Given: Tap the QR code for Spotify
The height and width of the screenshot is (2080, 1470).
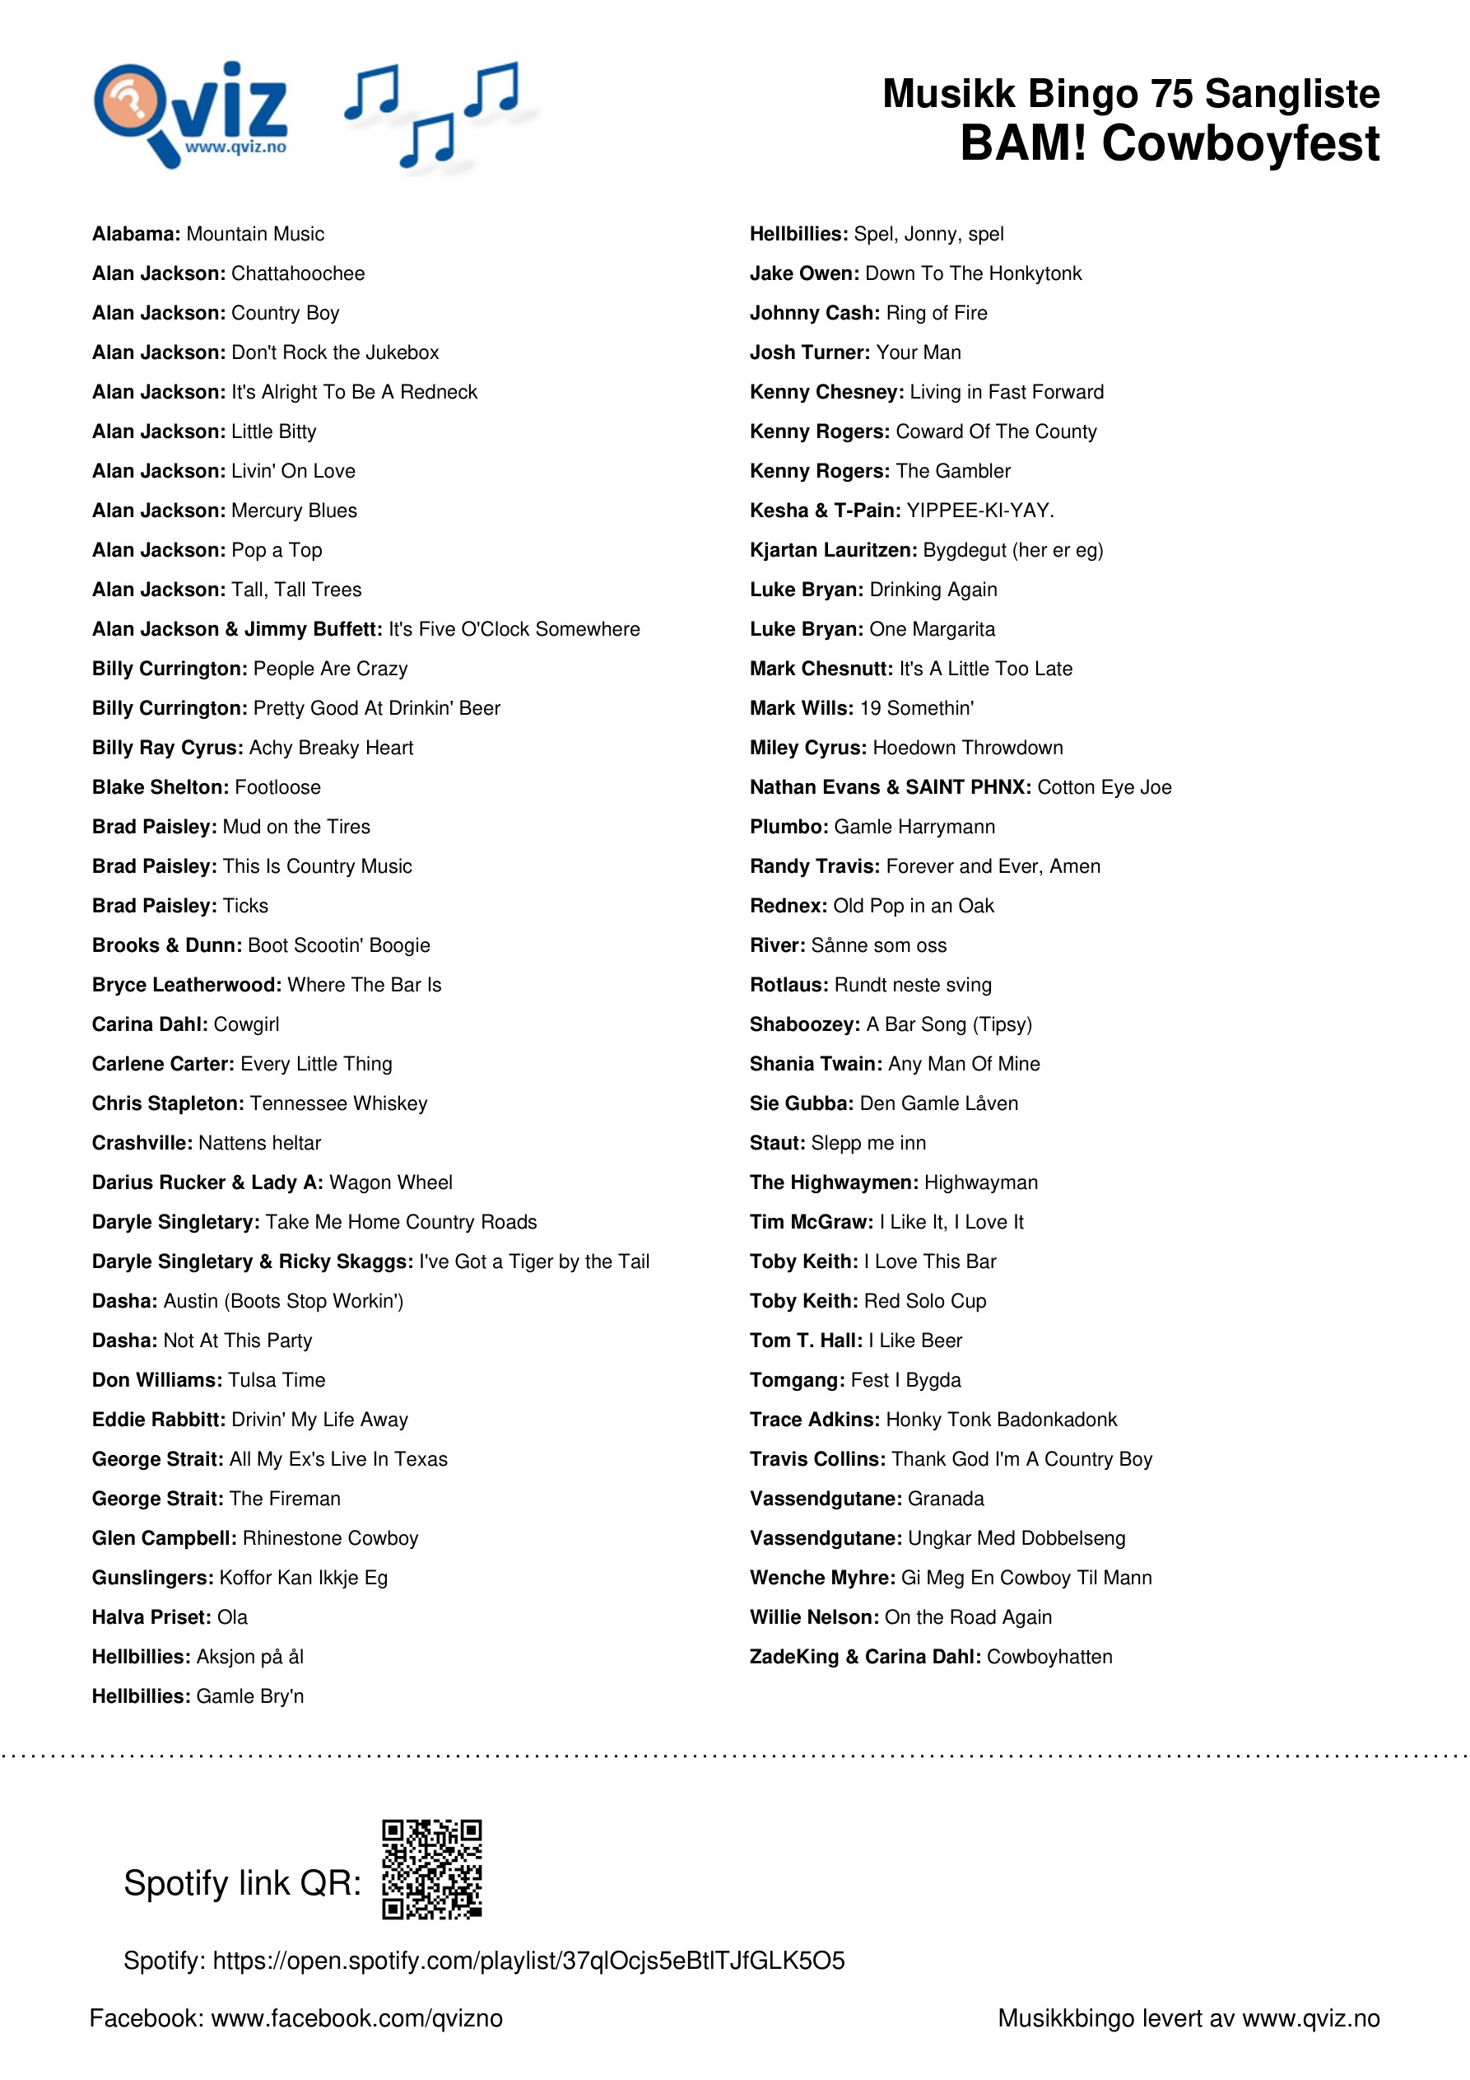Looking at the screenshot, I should pos(431,1869).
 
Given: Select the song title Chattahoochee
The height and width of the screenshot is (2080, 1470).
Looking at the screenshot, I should pos(298,273).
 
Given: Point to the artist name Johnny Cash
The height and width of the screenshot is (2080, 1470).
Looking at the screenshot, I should pos(814,314).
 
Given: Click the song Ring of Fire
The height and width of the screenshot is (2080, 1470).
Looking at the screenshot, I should pos(937,314).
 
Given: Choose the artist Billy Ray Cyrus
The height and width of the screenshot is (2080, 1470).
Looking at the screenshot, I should pos(168,749).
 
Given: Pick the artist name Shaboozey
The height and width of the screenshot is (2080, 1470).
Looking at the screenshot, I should pos(804,1024).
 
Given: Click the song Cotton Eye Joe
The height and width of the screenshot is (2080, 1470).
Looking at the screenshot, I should pos(1104,787).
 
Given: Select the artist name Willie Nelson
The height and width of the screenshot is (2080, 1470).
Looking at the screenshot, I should pos(814,1617).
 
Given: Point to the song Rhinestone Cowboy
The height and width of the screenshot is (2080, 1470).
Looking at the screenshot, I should pos(331,1538).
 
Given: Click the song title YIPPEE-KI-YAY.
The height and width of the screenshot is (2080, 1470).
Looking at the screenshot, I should pos(980,511).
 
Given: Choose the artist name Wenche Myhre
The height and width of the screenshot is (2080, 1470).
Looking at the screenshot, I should pos(822,1579).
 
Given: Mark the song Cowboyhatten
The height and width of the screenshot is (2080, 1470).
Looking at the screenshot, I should pos(1049,1657).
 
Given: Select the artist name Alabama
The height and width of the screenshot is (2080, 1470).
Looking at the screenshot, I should pos(136,235).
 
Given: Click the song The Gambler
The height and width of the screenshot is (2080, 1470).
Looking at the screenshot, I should pos(953,471).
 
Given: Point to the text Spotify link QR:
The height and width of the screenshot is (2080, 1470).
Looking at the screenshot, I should pos(242,1882).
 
